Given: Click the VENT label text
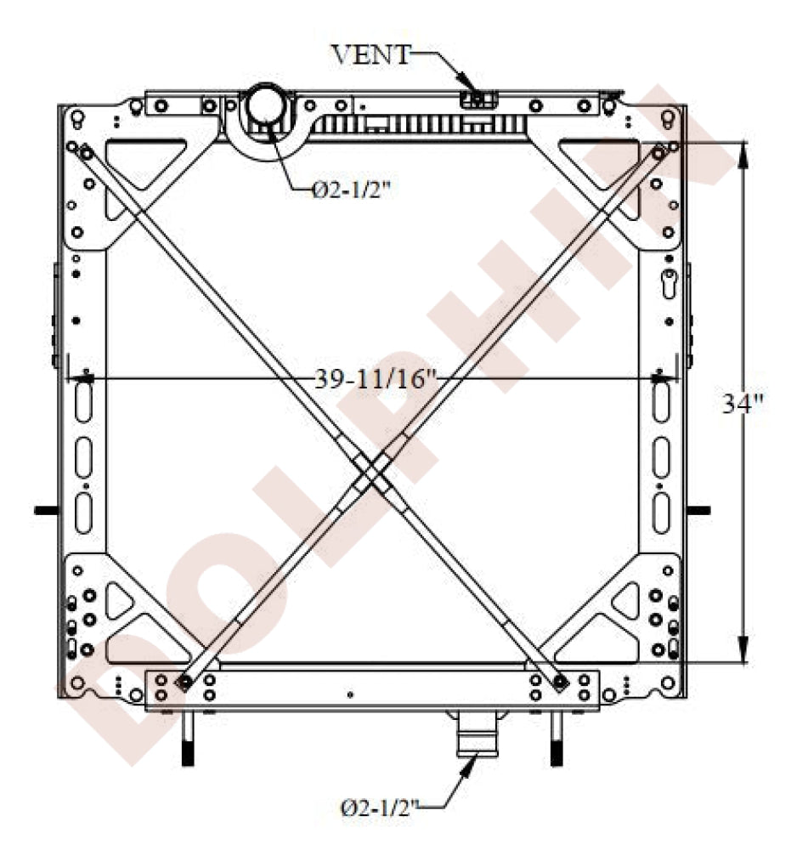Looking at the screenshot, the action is [x=370, y=54].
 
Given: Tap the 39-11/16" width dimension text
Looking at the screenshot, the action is [x=376, y=379].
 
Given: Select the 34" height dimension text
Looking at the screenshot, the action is [x=742, y=403].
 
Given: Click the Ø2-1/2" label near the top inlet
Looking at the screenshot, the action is [x=351, y=190].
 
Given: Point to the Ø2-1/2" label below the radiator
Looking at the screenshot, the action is [x=379, y=808].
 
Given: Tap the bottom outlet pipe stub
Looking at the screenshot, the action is [x=477, y=734].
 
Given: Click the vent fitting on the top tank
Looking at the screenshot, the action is [x=478, y=99].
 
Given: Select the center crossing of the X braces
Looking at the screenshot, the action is [x=371, y=472].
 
